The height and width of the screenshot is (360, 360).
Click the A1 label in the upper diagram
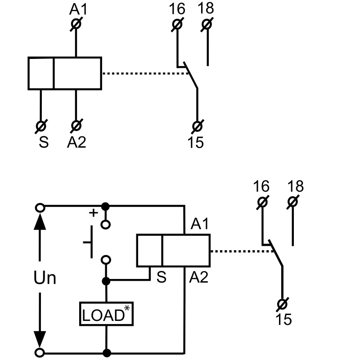point(76,9)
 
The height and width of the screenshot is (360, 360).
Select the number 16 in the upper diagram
point(178,9)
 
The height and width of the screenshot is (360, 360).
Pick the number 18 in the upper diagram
point(207,9)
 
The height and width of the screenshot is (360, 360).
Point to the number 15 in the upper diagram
point(196,142)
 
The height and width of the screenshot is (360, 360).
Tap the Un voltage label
point(45,278)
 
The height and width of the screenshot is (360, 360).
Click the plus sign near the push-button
point(93,213)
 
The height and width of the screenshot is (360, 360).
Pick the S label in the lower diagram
point(161,278)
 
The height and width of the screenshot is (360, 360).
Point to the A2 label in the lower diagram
point(199,278)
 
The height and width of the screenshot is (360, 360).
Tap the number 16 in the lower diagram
point(261,186)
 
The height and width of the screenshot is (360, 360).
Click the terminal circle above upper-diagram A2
point(76,125)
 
